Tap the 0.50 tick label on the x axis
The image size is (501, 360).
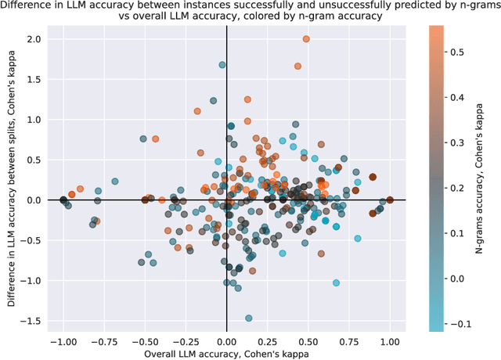point(308,342)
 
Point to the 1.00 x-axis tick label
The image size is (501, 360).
point(390,342)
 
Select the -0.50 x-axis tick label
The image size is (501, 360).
point(144,342)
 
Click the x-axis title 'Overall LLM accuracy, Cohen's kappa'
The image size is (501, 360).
point(226,354)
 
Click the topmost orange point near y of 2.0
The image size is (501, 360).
point(306,39)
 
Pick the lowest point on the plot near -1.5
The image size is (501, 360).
point(249,318)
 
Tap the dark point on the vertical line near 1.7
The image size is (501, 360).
point(222,65)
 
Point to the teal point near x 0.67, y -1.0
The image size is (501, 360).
point(336,283)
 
